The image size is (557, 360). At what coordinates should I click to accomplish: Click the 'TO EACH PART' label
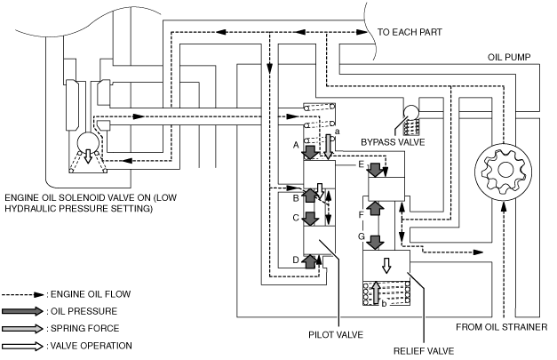tap(410, 32)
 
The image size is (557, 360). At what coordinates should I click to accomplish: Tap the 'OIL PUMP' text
tap(509, 57)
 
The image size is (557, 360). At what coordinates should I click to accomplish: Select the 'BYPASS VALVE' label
tap(393, 142)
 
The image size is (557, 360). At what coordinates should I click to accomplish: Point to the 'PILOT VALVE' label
tap(336, 335)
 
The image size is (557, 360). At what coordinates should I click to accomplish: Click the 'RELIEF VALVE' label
tap(424, 351)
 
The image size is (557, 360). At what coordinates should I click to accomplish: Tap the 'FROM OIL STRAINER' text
tap(502, 327)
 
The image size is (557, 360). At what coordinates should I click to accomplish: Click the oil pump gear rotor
tap(504, 171)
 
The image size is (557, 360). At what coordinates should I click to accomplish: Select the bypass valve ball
tap(411, 112)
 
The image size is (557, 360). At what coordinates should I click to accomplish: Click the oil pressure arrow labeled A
tap(311, 151)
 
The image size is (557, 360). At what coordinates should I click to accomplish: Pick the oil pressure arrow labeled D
tap(310, 261)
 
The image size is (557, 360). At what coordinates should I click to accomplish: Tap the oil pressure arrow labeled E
tap(375, 170)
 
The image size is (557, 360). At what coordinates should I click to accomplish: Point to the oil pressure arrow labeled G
tap(375, 242)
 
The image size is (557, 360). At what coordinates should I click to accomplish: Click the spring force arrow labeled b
tap(376, 292)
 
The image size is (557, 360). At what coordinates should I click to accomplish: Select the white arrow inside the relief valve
tap(386, 266)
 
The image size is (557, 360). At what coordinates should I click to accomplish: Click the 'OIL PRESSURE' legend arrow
tap(23, 311)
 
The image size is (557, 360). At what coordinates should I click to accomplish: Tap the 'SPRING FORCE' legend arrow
tap(23, 328)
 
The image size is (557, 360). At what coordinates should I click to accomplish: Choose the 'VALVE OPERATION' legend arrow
tap(23, 346)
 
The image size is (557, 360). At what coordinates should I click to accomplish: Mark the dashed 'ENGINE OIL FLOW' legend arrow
tap(23, 294)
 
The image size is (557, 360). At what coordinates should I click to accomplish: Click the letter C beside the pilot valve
tap(296, 218)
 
